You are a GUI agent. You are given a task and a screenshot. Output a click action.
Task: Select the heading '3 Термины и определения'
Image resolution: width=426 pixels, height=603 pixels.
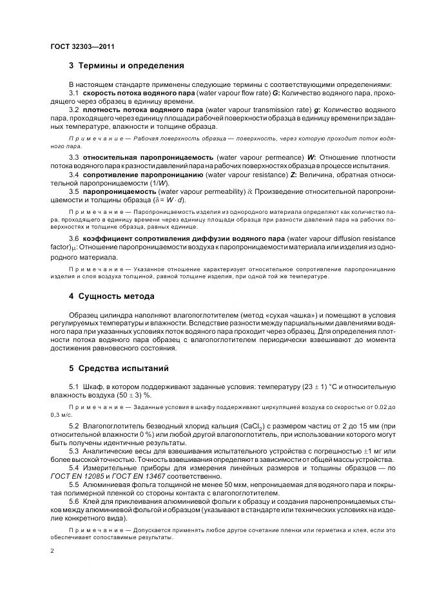point(126,66)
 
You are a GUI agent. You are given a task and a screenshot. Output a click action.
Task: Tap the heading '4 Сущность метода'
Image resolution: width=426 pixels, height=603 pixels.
point(111,296)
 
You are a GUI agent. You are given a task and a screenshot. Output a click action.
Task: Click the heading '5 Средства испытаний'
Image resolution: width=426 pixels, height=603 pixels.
point(118,369)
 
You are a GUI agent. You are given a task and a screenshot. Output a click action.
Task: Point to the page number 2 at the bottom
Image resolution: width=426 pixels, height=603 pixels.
point(52,551)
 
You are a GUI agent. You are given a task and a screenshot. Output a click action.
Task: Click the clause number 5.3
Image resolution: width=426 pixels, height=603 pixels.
point(74,450)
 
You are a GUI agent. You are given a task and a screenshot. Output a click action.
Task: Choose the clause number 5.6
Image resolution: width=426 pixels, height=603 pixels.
point(74,500)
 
